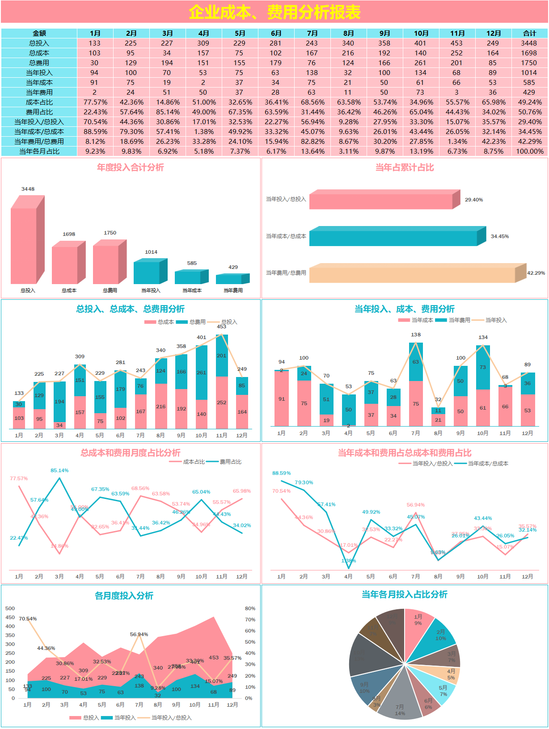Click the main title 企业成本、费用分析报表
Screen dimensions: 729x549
click(274, 12)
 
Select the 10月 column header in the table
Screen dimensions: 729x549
click(421, 34)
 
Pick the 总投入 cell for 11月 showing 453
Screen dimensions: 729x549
click(456, 43)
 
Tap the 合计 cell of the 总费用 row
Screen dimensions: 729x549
click(529, 63)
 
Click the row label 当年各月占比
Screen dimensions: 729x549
click(39, 151)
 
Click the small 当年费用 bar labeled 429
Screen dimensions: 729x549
click(230, 279)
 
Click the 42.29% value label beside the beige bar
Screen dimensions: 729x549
click(536, 273)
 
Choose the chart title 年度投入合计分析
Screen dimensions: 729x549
click(131, 168)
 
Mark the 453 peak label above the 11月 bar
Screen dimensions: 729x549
click(222, 327)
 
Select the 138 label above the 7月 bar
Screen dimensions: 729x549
click(416, 335)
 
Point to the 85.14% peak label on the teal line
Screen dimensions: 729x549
click(59, 470)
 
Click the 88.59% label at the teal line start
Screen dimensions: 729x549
click(281, 473)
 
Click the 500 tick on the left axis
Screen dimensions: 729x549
click(10, 608)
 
